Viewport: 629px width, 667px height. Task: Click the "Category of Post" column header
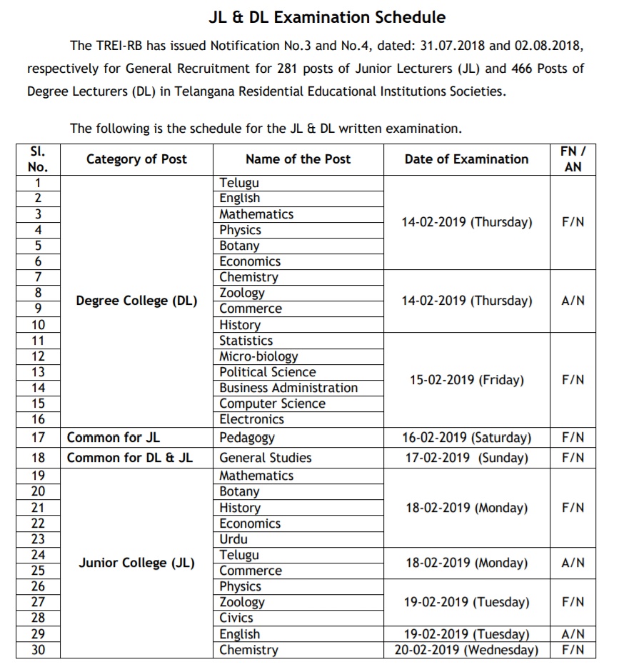(136, 159)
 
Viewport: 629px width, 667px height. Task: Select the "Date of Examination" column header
(466, 159)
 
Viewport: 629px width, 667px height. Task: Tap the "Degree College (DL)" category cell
(136, 301)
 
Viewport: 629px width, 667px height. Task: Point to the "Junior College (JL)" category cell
(136, 563)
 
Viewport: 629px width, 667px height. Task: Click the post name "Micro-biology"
(258, 356)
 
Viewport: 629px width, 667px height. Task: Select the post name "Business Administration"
(288, 388)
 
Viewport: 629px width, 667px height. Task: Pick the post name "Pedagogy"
(247, 438)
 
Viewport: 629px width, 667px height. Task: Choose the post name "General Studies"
(266, 458)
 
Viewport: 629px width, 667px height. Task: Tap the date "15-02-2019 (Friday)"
(466, 380)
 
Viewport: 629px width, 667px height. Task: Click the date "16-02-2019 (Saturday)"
(467, 438)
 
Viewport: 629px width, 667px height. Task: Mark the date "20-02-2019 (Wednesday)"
(466, 650)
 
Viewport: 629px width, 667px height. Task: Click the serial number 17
(39, 438)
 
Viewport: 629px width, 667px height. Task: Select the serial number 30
(39, 650)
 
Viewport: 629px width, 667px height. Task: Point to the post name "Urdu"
(234, 539)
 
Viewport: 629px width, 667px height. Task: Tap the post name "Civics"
(236, 618)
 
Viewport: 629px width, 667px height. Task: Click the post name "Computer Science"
(272, 403)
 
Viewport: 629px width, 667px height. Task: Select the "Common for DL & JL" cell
(129, 458)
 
